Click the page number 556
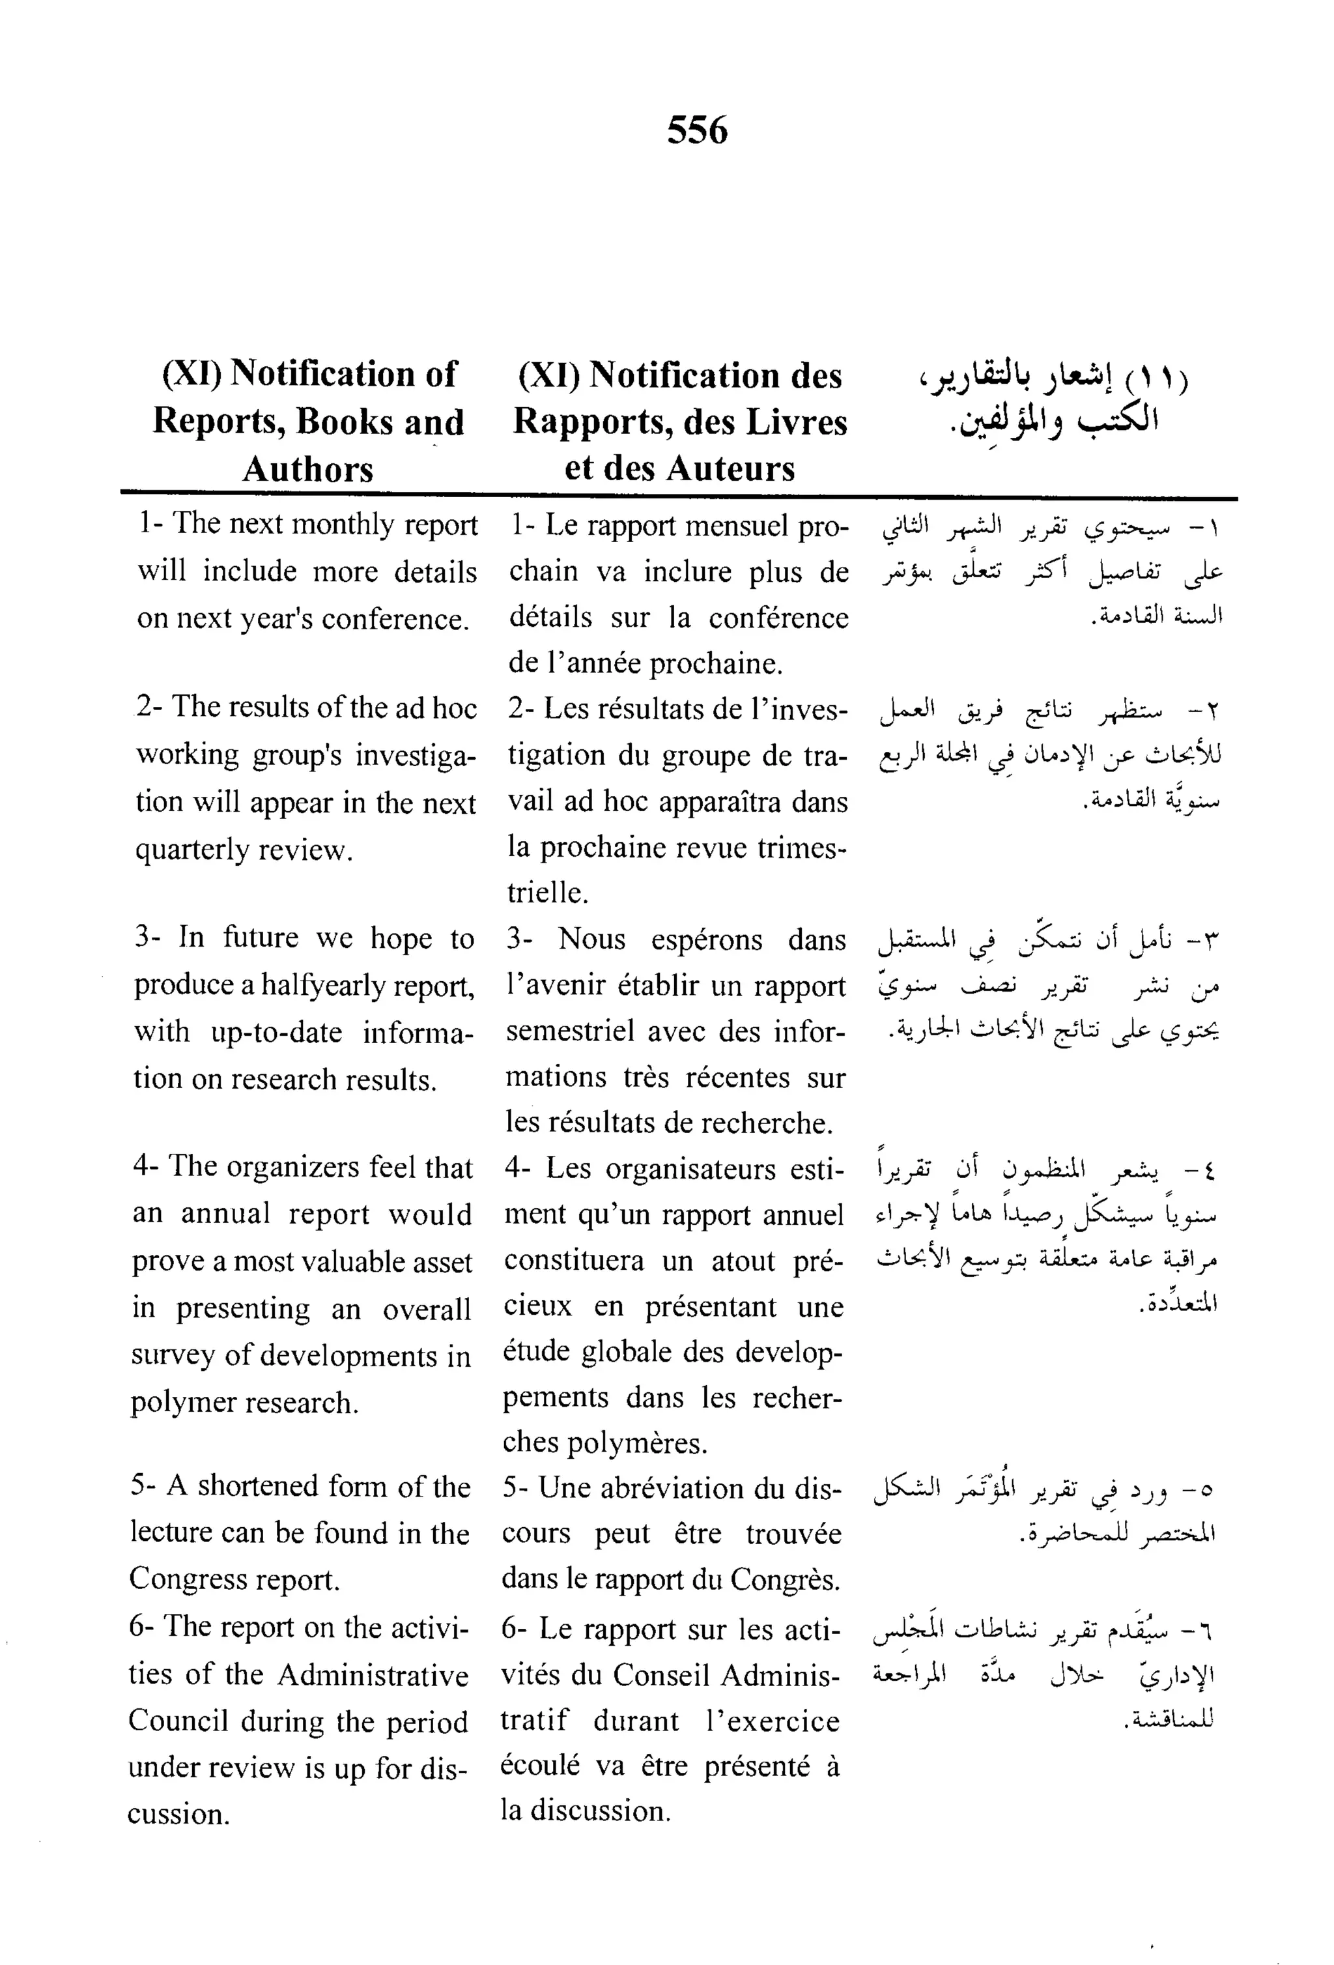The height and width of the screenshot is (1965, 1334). coord(696,130)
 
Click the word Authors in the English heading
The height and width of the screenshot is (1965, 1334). coord(307,469)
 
